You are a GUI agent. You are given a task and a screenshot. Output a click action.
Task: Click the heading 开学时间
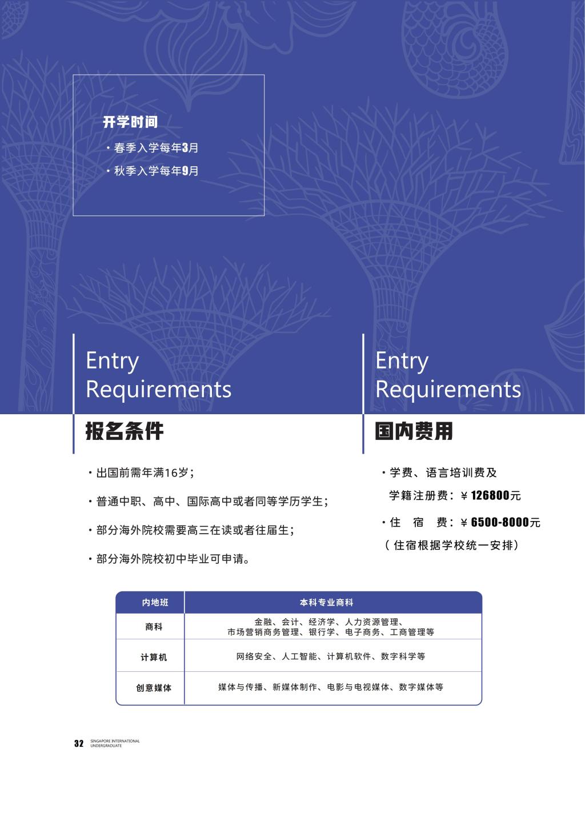coord(130,122)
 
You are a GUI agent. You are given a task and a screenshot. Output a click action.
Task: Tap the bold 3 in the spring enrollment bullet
coord(185,148)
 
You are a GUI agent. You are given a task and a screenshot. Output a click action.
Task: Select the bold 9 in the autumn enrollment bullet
coord(185,171)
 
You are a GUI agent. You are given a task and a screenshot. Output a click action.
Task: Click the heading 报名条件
coord(125,431)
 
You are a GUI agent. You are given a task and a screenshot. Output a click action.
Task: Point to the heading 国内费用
coord(414,431)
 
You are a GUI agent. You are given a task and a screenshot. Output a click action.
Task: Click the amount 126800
coord(490,496)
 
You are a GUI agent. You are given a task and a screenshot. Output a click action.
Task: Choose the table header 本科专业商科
coord(327,603)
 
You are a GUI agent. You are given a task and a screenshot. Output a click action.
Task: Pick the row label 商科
coord(154,627)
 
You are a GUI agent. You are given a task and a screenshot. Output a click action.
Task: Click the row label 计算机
coord(154,658)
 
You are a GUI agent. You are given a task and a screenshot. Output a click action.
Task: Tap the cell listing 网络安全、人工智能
coord(331,657)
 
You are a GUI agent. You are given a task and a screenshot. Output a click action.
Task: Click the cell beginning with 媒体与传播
coord(331,687)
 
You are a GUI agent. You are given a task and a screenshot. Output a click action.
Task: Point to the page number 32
coord(79,743)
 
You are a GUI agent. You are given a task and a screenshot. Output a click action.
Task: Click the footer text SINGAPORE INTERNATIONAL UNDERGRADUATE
coord(115,743)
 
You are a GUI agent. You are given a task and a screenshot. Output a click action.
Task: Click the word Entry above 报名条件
coord(112,361)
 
